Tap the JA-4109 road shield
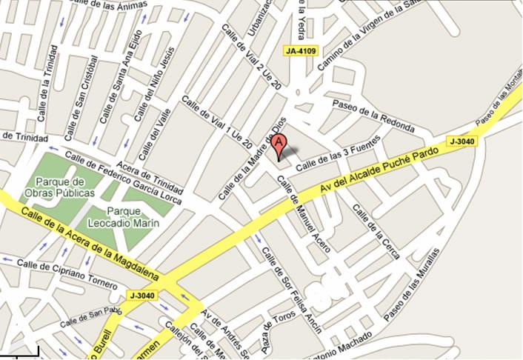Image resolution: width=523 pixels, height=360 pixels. (x=300, y=51)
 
